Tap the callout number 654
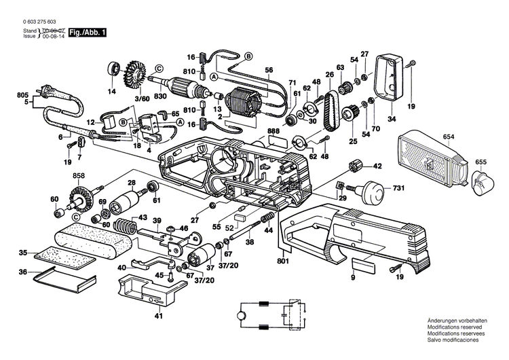click(448, 138)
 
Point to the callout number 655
click(480, 162)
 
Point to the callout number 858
click(79, 175)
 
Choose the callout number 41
click(157, 316)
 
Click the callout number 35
click(23, 253)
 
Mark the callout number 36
click(23, 272)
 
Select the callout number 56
click(269, 70)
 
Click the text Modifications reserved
click(453, 328)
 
